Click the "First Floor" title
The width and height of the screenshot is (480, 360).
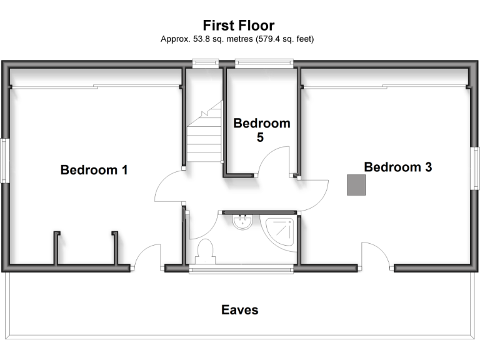pos(238,26)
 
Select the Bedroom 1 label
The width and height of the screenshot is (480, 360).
pos(94,169)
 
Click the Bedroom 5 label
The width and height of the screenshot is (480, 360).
pos(261,130)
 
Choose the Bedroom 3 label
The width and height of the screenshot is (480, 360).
pos(398,167)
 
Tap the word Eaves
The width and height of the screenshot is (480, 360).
pos(239,309)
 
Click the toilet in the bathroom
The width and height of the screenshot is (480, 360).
pos(204,251)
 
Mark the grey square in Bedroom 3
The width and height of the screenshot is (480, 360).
pos(357,185)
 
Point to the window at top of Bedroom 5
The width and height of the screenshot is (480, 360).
pos(264,62)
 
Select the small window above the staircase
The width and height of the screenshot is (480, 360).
pos(204,62)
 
